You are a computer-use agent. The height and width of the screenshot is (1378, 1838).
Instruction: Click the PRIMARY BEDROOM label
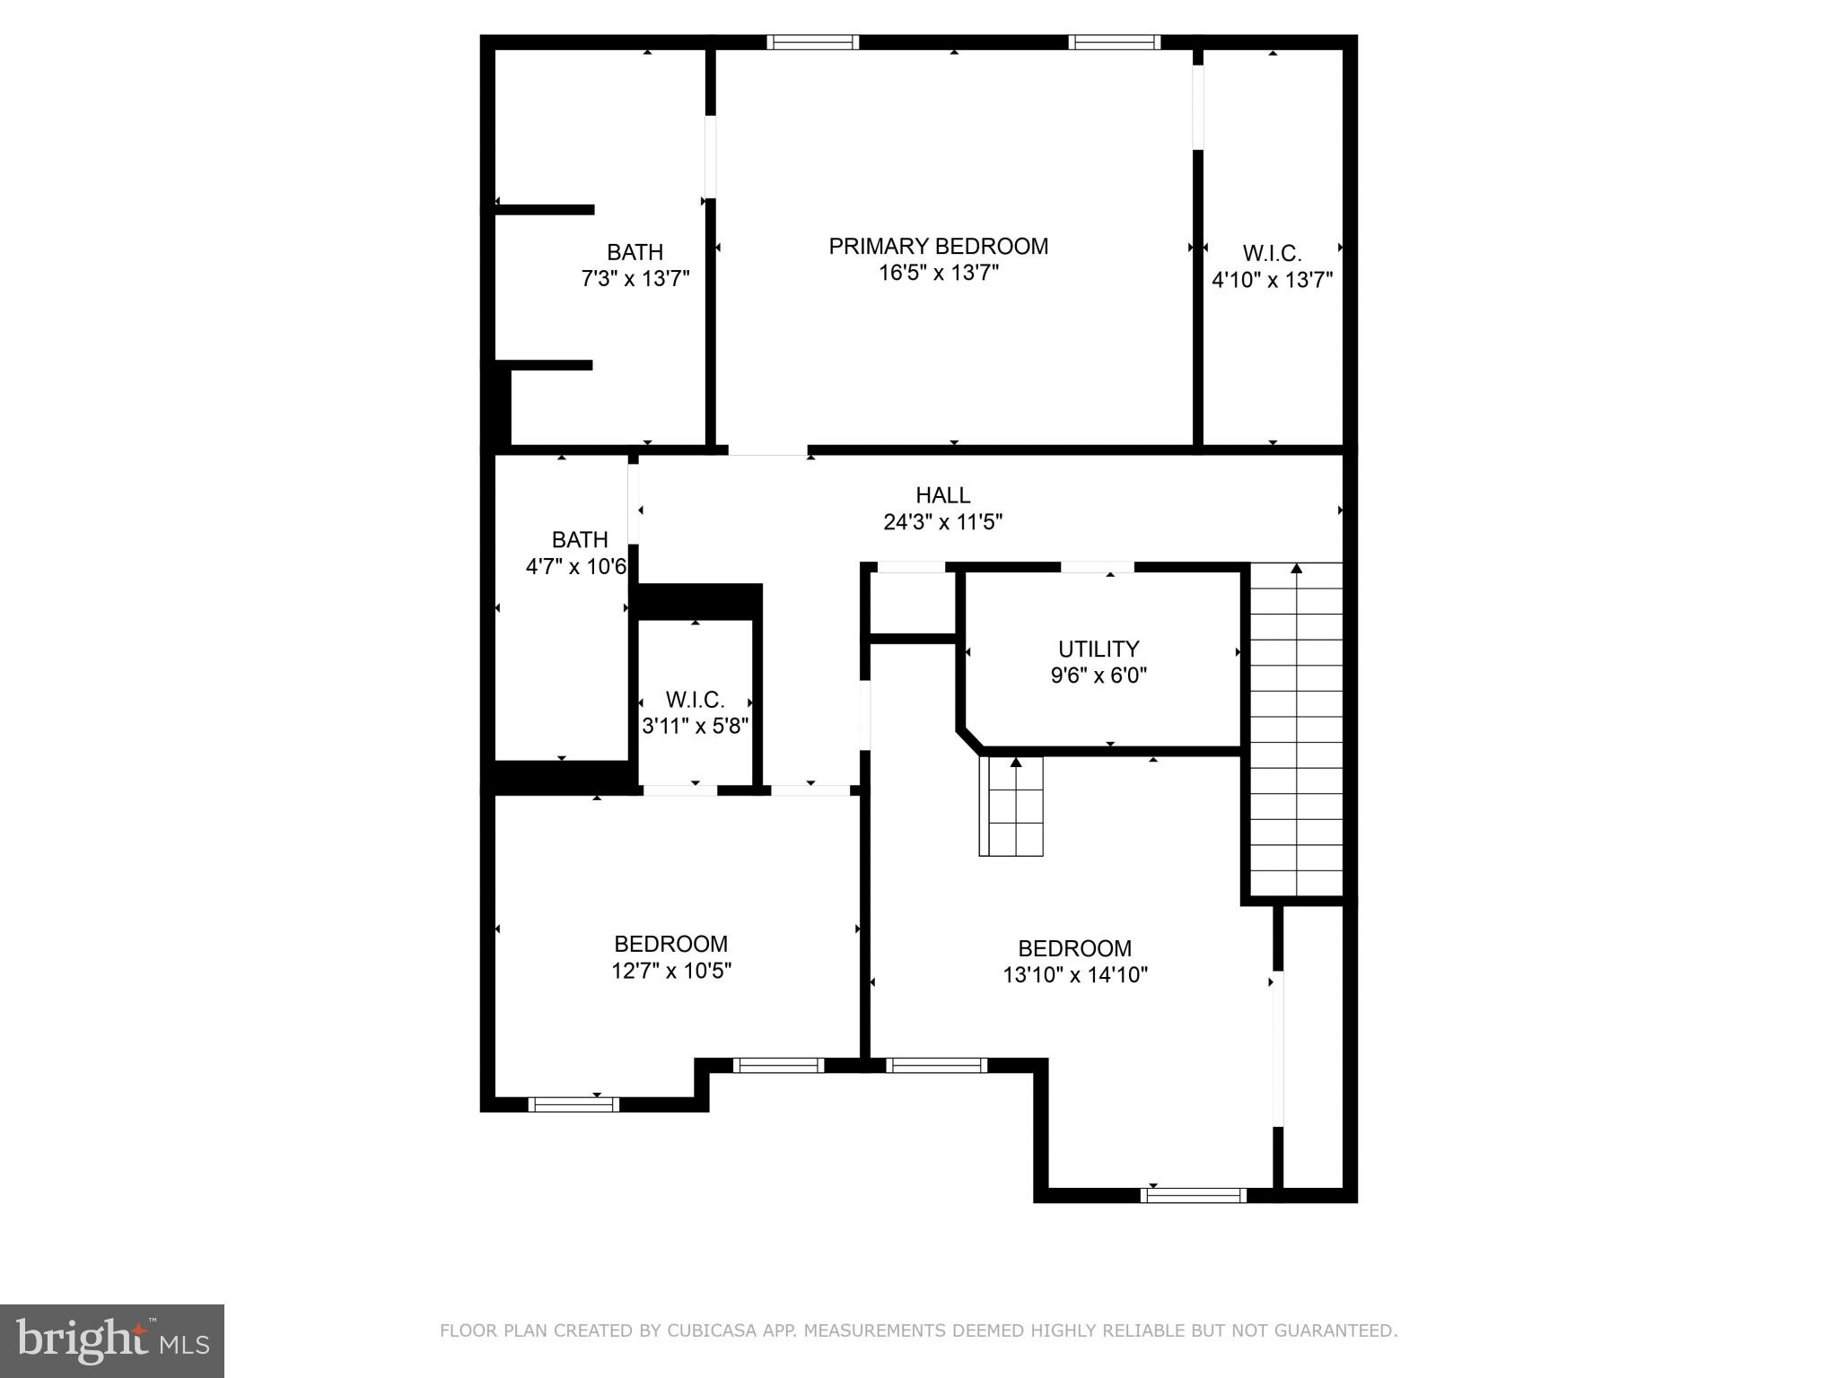coord(938,247)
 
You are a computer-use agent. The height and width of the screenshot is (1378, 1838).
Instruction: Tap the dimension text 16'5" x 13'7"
coord(938,273)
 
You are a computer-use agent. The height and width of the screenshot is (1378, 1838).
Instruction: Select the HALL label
coord(942,495)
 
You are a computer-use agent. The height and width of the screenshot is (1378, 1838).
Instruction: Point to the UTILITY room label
coord(1098,649)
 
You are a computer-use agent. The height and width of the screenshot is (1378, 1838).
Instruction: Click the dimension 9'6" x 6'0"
coord(1098,676)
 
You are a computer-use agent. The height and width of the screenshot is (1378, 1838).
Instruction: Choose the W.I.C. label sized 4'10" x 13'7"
coord(1272,254)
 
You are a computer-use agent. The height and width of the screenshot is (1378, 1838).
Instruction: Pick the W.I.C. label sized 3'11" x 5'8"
coord(695,700)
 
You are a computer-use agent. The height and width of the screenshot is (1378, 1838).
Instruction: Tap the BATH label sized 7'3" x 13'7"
coord(635,252)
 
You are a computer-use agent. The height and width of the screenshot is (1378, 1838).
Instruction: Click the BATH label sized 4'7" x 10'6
coord(580,540)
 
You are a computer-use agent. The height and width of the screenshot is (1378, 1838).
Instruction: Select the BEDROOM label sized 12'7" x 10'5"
coord(670,944)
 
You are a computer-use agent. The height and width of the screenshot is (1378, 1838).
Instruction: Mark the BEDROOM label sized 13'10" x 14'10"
coord(1074,948)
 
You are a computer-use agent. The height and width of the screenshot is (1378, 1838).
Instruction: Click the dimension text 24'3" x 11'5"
coord(942,521)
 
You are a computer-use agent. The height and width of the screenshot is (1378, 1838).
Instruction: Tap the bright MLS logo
coord(112,1341)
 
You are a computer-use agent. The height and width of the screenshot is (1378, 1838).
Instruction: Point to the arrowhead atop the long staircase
coord(1296,568)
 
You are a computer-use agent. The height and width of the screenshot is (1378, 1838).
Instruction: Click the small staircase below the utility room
coord(1011,807)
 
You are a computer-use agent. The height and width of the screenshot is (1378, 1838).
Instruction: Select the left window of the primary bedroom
coord(813,42)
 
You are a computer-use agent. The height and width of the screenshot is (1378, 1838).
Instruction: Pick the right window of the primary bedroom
coord(1114,42)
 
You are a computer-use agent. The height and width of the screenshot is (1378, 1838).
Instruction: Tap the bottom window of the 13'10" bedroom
coord(1193,1195)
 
